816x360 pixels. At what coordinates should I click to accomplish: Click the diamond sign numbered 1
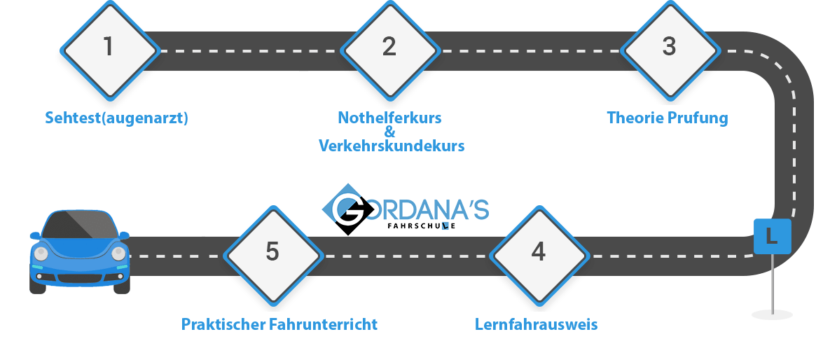109,48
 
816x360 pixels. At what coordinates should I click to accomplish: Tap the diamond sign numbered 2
389,48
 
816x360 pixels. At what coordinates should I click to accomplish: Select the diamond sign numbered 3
669,48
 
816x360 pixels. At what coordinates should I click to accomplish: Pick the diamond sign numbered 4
538,252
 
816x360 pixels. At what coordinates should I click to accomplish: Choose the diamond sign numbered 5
272,252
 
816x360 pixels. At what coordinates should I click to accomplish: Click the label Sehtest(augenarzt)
117,118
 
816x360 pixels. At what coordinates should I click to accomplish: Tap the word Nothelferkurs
389,118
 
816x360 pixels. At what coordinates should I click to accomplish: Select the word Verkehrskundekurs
391,146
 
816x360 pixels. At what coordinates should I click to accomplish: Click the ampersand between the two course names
390,132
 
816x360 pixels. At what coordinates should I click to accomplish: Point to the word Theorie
635,118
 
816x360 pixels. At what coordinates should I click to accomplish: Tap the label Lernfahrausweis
536,325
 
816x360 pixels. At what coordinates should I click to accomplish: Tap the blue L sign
772,236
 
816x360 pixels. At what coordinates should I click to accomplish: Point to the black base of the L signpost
772,314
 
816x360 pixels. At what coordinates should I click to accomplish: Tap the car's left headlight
41,253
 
